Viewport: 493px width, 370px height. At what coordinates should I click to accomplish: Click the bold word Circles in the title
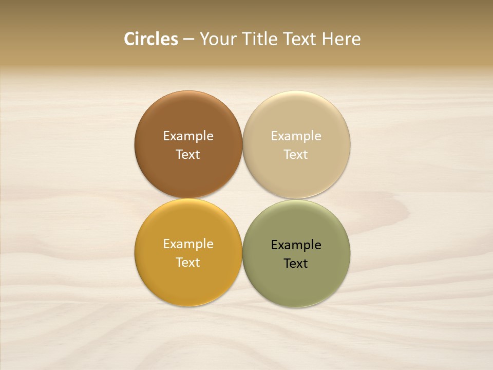click(x=151, y=39)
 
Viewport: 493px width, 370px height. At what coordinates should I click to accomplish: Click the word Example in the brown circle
click(x=188, y=136)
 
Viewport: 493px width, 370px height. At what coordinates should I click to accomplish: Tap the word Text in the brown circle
click(x=188, y=154)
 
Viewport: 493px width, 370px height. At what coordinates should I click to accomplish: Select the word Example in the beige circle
click(x=296, y=136)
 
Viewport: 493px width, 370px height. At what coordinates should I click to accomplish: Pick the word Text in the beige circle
click(x=296, y=154)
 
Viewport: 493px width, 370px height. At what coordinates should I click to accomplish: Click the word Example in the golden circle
click(x=188, y=244)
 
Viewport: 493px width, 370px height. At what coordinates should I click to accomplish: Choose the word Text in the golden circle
click(x=188, y=262)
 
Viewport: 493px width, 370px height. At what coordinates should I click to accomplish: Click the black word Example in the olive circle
click(x=296, y=245)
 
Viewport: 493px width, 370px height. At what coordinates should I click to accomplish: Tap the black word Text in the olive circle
click(x=296, y=263)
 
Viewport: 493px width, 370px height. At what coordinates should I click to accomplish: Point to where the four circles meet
click(x=242, y=199)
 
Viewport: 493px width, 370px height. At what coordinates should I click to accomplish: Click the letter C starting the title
click(x=129, y=39)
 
